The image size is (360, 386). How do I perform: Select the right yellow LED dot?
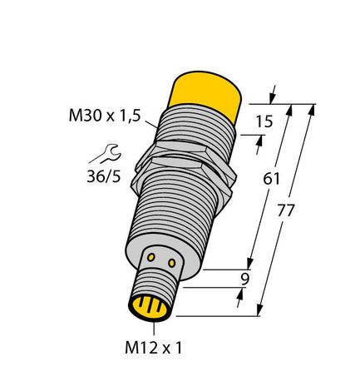pyautogui.click(x=171, y=263)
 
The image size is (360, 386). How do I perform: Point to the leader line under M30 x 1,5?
pyautogui.click(x=150, y=124)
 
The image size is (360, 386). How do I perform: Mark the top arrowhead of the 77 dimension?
pyautogui.click(x=313, y=109)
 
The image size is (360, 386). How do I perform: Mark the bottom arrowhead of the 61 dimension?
pyautogui.click(x=253, y=264)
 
